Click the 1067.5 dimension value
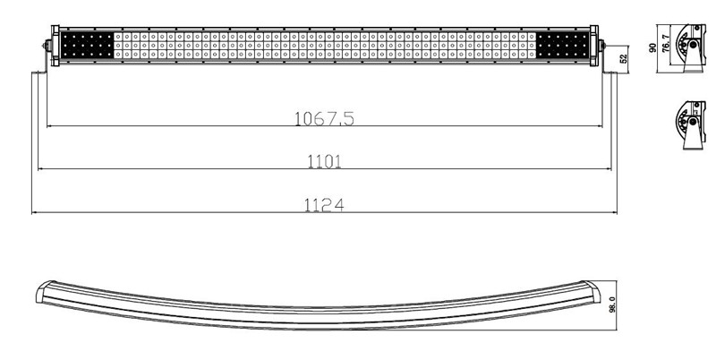pyautogui.click(x=324, y=118)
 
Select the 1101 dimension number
pyautogui.click(x=324, y=162)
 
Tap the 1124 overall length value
pyautogui.click(x=324, y=205)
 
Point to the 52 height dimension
pyautogui.click(x=624, y=58)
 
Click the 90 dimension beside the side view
pyautogui.click(x=652, y=47)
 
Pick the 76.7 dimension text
pyautogui.click(x=666, y=43)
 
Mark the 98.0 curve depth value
pyautogui.click(x=612, y=304)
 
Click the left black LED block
pyautogui.click(x=87, y=46)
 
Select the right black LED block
pyautogui.click(x=563, y=46)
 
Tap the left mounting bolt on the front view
pyautogui.click(x=47, y=46)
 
